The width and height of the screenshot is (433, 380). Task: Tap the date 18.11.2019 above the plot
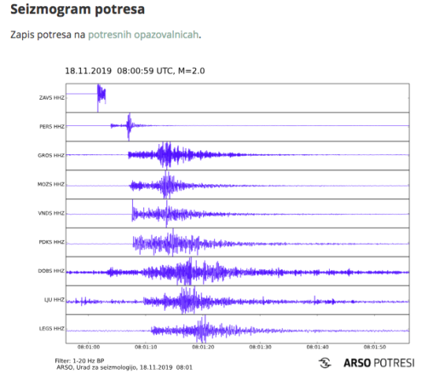click(88, 70)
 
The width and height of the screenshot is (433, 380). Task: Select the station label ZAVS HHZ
click(52, 98)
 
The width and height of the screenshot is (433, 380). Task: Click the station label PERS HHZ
click(52, 126)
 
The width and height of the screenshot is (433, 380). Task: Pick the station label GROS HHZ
click(52, 155)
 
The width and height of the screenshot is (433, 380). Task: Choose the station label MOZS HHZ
click(52, 184)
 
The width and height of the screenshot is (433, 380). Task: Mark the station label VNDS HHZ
click(52, 213)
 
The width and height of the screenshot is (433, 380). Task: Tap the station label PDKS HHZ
click(52, 242)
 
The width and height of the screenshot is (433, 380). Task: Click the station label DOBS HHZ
click(52, 271)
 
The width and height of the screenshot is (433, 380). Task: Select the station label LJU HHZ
click(54, 300)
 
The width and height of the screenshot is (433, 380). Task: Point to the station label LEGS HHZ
click(52, 328)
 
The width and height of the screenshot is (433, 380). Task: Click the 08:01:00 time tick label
click(88, 345)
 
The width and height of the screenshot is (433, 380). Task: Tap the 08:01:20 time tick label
click(203, 345)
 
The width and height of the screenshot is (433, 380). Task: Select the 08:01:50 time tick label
click(374, 345)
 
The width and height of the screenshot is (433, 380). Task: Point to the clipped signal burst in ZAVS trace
click(101, 95)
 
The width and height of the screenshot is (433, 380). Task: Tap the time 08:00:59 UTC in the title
click(145, 70)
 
